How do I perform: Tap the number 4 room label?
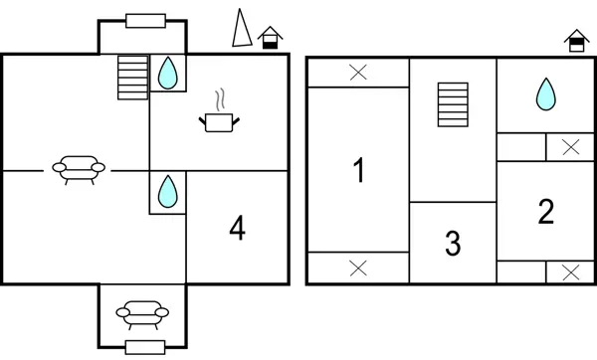[x=237, y=229]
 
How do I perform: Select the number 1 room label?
[x=359, y=170]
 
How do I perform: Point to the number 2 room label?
[x=545, y=211]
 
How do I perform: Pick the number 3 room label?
[x=453, y=243]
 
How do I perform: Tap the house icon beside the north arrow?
[x=269, y=38]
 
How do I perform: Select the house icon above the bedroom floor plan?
[x=576, y=41]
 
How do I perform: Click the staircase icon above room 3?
[x=453, y=104]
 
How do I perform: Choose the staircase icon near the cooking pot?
[x=131, y=77]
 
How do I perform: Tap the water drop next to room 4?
[x=168, y=190]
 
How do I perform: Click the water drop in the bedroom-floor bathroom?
[x=545, y=94]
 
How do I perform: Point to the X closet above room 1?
[x=358, y=72]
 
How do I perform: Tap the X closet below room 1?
[x=358, y=268]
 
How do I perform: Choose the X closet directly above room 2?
[x=569, y=147]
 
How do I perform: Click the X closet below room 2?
[x=569, y=271]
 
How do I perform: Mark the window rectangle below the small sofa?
[x=145, y=346]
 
